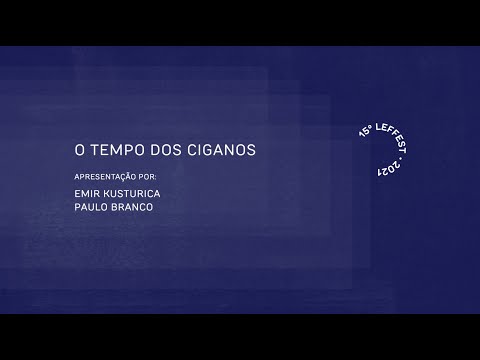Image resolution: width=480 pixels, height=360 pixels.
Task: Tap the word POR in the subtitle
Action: (x=149, y=174)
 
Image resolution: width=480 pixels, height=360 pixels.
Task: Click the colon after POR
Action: (x=158, y=174)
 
